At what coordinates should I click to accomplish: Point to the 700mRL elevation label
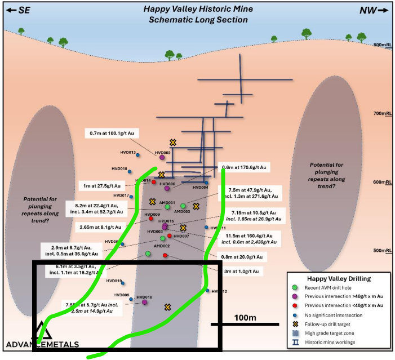382,114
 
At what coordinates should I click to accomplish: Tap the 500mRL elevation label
382,251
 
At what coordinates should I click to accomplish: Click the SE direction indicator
17,10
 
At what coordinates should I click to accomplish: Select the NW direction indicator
374,10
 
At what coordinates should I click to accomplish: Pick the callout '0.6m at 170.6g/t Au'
244,167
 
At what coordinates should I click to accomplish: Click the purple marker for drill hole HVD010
145,303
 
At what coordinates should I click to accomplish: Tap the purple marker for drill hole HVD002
160,158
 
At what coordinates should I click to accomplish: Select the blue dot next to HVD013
138,154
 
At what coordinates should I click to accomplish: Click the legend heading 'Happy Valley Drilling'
338,278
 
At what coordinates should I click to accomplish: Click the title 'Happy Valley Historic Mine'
198,9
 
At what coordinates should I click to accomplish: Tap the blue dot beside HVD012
207,291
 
